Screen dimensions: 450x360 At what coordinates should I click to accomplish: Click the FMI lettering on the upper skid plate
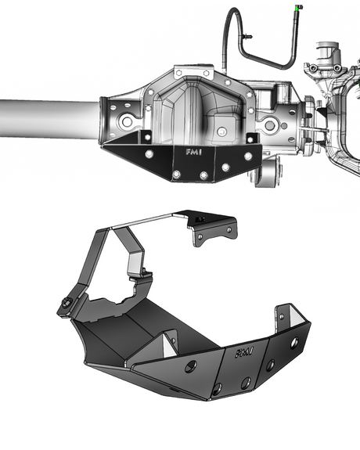[191, 153]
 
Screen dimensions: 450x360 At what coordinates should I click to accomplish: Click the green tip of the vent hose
[298, 7]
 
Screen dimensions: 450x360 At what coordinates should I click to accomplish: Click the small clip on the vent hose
[247, 36]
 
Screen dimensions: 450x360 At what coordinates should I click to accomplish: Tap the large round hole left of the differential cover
[126, 124]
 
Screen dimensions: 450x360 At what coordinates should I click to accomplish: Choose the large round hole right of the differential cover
[270, 124]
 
